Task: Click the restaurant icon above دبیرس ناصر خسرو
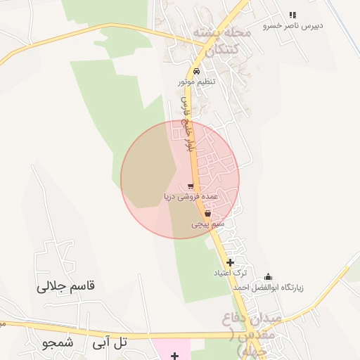[x=292, y=15]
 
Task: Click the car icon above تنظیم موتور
[x=196, y=72]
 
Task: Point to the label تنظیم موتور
[x=196, y=82]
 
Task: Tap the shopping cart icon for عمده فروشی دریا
[x=191, y=187]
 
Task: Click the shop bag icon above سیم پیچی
[x=207, y=214]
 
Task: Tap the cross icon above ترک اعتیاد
[x=230, y=262]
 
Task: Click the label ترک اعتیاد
[x=231, y=273]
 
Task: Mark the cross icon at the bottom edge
[x=174, y=356]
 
